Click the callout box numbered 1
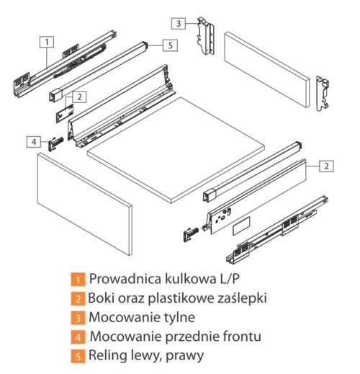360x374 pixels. pos(47,42)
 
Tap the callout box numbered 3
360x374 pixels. pos(179,24)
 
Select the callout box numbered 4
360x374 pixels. pos(34,142)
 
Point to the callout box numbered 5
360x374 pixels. pos(170,45)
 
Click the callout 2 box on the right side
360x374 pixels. pos(326,166)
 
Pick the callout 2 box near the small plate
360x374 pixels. pos(79,97)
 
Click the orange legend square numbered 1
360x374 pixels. pos(78,280)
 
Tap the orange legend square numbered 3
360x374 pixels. pos(78,318)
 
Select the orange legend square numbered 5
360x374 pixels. pos(78,356)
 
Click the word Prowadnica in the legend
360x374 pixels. pos(125,279)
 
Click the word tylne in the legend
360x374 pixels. pos(179,318)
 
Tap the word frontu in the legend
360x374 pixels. pos(242,337)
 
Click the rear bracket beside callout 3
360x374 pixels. pos(205,35)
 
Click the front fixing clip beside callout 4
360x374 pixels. pos(56,143)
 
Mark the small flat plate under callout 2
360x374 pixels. pos(65,113)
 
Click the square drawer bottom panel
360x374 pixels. pos(176,150)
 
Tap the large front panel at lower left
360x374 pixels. pos(85,204)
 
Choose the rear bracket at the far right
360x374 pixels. pos(323,93)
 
